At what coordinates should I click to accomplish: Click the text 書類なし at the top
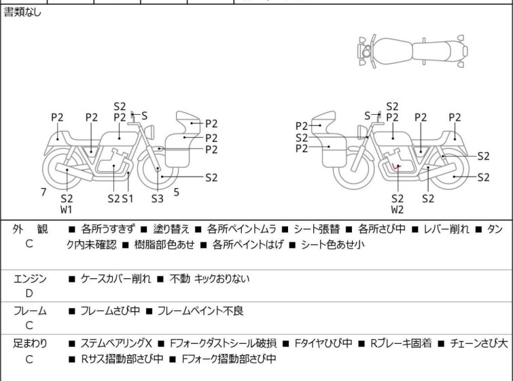(22, 12)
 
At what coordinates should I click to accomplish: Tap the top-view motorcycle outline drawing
(413, 51)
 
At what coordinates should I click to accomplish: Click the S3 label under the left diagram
(158, 198)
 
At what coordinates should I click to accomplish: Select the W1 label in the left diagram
(67, 210)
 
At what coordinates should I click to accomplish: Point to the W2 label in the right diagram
(397, 210)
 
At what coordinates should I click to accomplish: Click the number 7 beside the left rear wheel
(43, 192)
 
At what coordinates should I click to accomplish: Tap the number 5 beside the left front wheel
(177, 192)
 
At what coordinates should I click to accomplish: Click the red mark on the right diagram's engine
(396, 166)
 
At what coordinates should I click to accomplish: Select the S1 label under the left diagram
(128, 198)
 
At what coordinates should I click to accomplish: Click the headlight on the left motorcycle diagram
(149, 132)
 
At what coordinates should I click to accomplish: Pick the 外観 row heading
(30, 229)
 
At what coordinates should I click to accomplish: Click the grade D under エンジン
(29, 293)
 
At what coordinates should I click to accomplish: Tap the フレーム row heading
(30, 310)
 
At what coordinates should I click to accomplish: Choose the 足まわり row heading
(30, 344)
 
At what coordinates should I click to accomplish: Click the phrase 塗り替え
(171, 229)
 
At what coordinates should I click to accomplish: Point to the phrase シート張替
(317, 229)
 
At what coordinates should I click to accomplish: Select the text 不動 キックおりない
(210, 278)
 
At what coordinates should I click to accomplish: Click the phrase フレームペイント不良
(200, 310)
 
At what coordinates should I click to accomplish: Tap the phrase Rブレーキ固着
(401, 344)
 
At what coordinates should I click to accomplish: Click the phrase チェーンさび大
(479, 344)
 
